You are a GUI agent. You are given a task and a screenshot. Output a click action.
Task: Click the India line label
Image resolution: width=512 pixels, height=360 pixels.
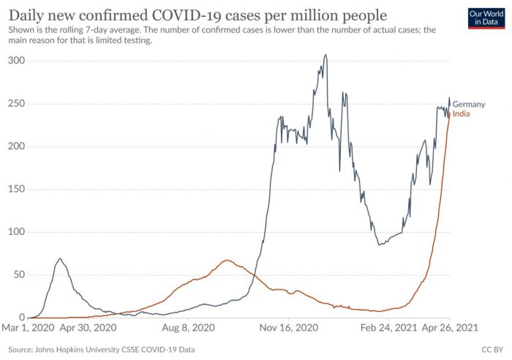(462, 114)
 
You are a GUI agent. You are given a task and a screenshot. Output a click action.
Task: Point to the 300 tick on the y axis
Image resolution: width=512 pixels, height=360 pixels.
(15, 60)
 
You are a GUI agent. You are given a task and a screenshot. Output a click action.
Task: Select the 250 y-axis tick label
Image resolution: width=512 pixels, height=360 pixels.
(15, 103)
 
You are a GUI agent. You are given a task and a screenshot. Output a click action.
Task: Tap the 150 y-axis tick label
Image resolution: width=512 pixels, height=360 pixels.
(15, 189)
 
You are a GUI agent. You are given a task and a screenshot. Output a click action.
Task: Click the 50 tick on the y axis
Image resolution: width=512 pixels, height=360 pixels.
(18, 274)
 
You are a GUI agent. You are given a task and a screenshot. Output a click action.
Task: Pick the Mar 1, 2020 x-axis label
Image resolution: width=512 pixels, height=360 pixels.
(29, 329)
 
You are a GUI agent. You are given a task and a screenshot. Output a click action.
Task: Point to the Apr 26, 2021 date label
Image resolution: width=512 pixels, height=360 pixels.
(450, 329)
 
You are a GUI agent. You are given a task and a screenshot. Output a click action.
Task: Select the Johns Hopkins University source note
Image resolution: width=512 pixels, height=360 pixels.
(102, 350)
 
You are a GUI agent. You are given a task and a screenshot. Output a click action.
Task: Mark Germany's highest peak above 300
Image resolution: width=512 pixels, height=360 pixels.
(325, 55)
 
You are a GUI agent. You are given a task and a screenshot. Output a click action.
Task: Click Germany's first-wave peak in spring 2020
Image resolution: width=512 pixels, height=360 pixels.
(60, 258)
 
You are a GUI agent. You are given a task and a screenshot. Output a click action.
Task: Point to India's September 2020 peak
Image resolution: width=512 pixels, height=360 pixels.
(227, 260)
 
